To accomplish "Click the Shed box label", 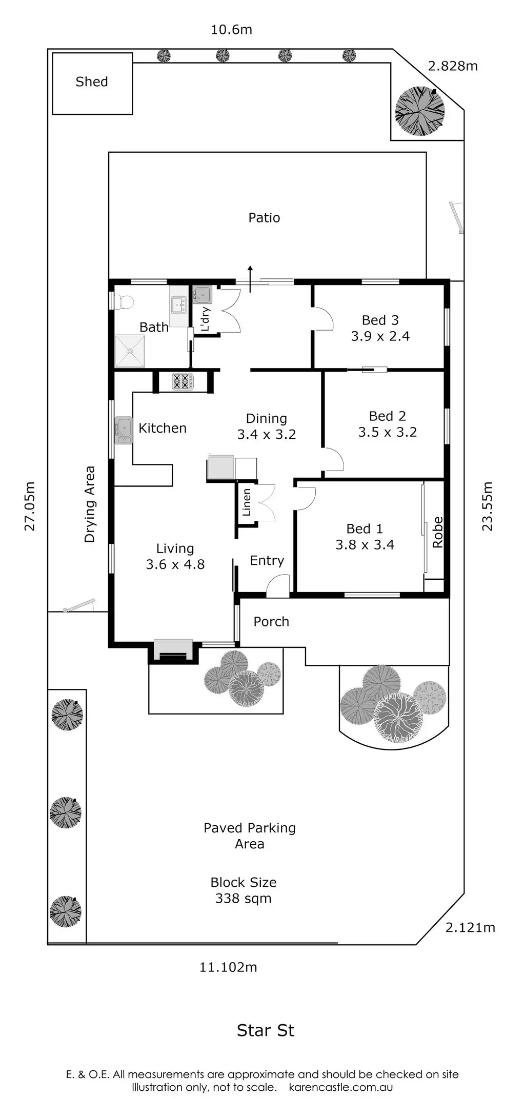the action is [92, 82].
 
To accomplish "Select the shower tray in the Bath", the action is [130, 351].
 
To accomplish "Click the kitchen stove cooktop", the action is [182, 382].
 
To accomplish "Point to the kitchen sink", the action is [124, 430].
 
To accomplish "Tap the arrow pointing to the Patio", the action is [250, 279].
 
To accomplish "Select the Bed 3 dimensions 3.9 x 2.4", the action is [380, 336].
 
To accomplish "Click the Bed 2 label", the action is [388, 416].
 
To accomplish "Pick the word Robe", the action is [437, 532].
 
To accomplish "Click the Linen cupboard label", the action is [247, 502].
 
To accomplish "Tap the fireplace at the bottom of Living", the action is [173, 650].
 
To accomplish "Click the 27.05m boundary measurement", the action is [30, 506].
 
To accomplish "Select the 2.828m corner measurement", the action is [453, 66].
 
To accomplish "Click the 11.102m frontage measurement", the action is [228, 967].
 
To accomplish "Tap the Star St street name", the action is [266, 1030].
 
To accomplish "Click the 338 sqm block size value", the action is [244, 898].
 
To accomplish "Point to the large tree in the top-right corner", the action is [420, 111].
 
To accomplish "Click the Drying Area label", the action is [90, 504].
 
